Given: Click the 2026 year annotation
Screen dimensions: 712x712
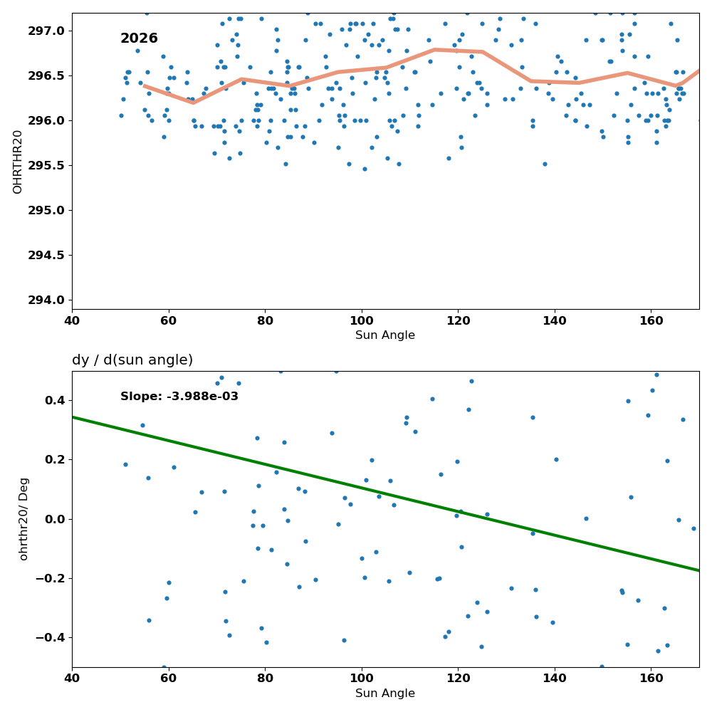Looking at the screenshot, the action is pyautogui.click(x=139, y=38).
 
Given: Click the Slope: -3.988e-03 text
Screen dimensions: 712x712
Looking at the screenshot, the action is pyautogui.click(x=179, y=397).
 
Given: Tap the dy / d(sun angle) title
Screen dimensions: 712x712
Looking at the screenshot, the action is pyautogui.click(x=132, y=360).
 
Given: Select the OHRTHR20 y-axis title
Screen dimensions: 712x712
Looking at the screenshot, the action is pyautogui.click(x=17, y=162).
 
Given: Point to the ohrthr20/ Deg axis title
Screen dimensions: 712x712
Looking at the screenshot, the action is pyautogui.click(x=23, y=519).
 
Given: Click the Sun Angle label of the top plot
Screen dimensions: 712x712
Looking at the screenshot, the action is pyautogui.click(x=385, y=335).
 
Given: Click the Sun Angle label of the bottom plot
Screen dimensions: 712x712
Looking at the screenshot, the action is pyautogui.click(x=385, y=693).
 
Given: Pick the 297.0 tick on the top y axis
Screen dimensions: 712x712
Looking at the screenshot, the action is pyautogui.click(x=47, y=31).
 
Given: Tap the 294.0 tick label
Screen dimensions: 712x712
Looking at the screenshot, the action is pyautogui.click(x=47, y=300).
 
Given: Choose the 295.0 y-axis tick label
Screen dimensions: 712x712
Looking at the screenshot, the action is pyautogui.click(x=47, y=210).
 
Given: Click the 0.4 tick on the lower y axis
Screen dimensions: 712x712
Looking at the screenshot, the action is pyautogui.click(x=56, y=400).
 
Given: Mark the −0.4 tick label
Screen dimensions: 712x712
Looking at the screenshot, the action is pyautogui.click(x=51, y=638).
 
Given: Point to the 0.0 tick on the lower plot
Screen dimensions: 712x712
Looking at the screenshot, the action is pyautogui.click(x=56, y=519).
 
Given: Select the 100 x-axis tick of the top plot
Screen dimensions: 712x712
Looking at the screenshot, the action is pyautogui.click(x=362, y=321).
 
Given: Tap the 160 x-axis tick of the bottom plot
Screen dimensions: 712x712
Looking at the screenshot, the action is pyautogui.click(x=651, y=679).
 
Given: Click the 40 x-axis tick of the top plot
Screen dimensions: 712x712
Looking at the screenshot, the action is pyautogui.click(x=72, y=321).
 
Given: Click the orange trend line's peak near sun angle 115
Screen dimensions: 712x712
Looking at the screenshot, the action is pyautogui.click(x=434, y=50).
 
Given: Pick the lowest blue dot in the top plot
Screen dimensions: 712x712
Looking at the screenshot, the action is pyautogui.click(x=365, y=169).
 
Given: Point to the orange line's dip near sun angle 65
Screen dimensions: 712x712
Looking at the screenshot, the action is pyautogui.click(x=194, y=103).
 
